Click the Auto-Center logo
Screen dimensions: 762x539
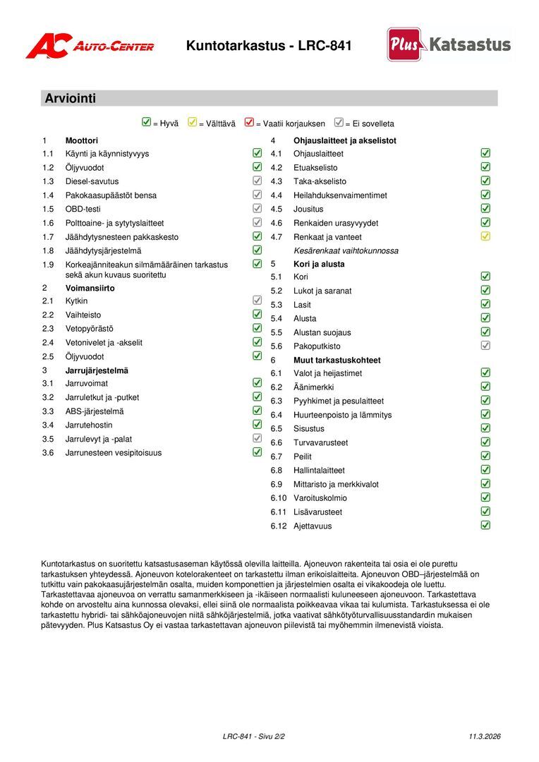[90, 46]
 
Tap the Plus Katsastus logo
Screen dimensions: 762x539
[449, 44]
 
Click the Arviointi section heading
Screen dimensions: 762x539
[71, 99]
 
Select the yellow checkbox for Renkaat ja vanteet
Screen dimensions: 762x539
[485, 236]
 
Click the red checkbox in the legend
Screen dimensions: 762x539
[249, 122]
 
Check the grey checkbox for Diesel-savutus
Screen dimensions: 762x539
[258, 181]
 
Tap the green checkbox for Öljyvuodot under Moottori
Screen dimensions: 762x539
[258, 167]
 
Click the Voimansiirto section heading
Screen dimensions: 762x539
[90, 288]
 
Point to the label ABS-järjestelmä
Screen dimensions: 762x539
[95, 411]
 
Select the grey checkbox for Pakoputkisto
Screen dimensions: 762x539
[485, 346]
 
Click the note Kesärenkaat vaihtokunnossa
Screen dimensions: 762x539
[346, 250]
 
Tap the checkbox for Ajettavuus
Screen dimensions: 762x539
[485, 525]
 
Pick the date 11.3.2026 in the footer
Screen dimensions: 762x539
[485, 737]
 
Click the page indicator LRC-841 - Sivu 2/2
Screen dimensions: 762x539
[254, 737]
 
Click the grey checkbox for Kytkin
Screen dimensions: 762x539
[258, 301]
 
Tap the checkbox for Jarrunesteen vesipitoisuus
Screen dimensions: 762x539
[258, 452]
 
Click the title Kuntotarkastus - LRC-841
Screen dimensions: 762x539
[269, 46]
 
